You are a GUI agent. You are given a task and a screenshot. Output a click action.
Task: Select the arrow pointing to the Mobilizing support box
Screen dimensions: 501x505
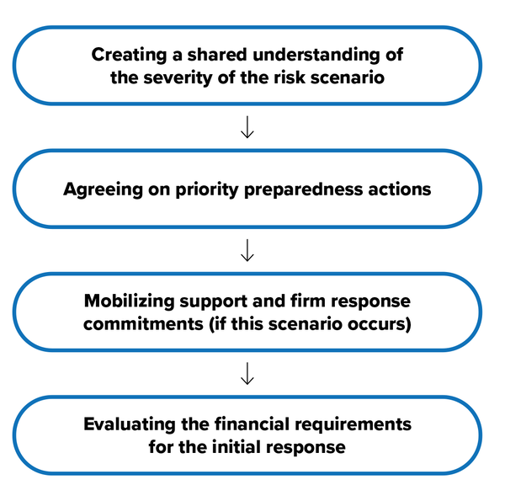click(247, 250)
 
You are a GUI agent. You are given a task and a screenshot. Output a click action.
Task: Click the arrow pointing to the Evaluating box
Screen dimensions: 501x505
click(247, 374)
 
